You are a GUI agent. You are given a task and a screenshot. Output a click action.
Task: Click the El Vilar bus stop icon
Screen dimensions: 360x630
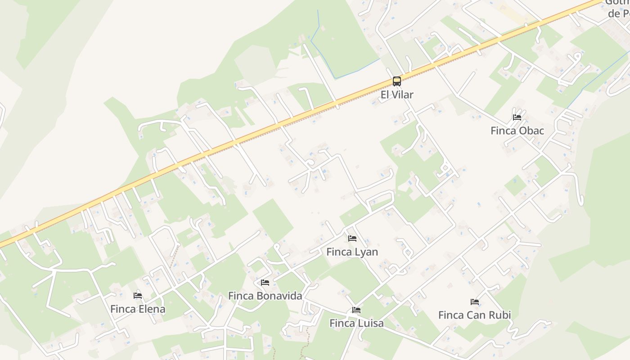[396, 81]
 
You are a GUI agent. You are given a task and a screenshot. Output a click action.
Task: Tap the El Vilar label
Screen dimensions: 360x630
[396, 94]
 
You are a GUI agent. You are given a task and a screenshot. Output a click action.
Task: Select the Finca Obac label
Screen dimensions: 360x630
[517, 131]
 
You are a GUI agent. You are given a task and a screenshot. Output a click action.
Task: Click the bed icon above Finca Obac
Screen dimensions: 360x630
[517, 117]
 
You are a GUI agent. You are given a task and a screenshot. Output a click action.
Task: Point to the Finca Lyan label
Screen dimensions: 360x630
[352, 252]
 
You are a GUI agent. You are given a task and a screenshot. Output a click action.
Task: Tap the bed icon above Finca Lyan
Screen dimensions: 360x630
[352, 238]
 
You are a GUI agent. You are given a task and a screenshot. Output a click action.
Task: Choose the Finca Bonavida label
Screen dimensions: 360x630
[265, 296]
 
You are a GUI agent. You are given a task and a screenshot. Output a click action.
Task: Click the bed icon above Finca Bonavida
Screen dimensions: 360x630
[265, 283]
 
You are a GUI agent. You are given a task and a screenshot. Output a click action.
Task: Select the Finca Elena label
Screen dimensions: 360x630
[138, 309]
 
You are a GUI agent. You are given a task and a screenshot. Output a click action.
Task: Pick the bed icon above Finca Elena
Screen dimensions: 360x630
[138, 296]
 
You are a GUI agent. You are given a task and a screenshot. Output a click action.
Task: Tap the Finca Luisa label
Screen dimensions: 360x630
[356, 323]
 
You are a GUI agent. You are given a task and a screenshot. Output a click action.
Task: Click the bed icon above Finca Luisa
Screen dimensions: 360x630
[356, 310]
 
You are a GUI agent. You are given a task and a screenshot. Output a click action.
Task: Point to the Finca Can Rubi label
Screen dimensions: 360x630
[474, 315]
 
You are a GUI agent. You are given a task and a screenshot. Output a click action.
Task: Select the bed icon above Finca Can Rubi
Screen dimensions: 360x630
[474, 301]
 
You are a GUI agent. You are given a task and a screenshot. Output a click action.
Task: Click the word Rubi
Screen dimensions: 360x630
[500, 315]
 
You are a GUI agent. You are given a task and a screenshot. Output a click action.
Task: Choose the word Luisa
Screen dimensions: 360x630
[370, 323]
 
